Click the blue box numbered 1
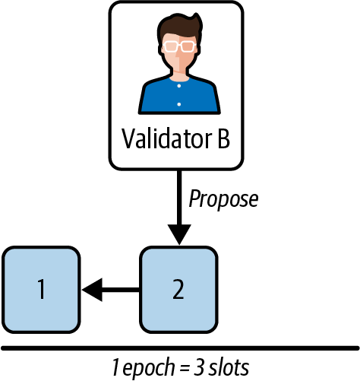click(x=41, y=288)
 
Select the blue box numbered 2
click(x=178, y=288)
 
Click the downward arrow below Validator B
click(x=178, y=205)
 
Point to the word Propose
click(x=223, y=199)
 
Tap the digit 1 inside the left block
click(x=41, y=289)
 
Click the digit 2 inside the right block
click(x=178, y=289)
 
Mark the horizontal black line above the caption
click(x=180, y=348)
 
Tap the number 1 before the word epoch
click(x=114, y=367)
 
